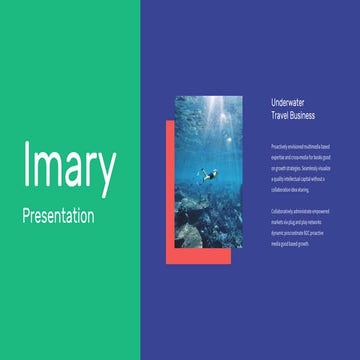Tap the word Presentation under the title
pyautogui.click(x=60, y=215)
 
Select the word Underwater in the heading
pyautogui.click(x=291, y=102)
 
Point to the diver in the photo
pyautogui.click(x=209, y=175)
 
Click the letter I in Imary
pyautogui.click(x=26, y=168)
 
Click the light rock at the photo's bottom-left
pyautogui.click(x=188, y=236)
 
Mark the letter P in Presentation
pyautogui.click(x=27, y=215)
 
